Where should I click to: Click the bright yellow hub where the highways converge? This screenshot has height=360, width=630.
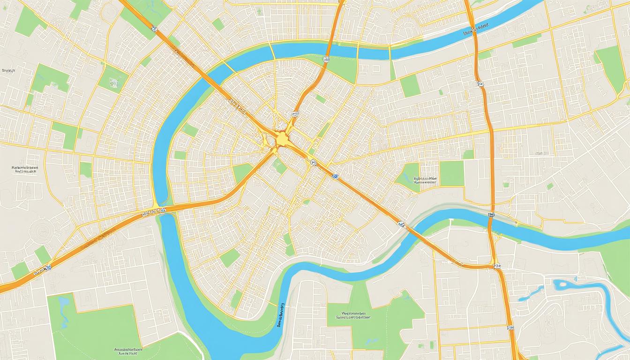tap(281, 139)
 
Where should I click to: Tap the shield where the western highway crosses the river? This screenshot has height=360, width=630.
tap(162, 211)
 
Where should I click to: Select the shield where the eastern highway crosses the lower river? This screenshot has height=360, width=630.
tap(491, 215)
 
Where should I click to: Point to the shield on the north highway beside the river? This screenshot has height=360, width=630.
tap(326, 60)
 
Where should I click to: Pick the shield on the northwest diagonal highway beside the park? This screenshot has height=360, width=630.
tap(155, 29)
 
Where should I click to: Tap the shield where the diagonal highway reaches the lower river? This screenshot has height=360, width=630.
tap(402, 225)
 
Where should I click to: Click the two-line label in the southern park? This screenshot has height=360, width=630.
tap(354, 315)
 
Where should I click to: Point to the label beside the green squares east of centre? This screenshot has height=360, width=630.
tap(425, 180)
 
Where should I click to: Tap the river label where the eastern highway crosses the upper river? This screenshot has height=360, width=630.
tap(476, 31)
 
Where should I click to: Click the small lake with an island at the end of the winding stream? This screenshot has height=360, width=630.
tap(561, 285)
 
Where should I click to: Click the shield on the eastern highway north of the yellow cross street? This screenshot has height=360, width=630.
tap(480, 84)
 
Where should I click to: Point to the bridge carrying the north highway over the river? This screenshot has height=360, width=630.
tap(331, 45)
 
